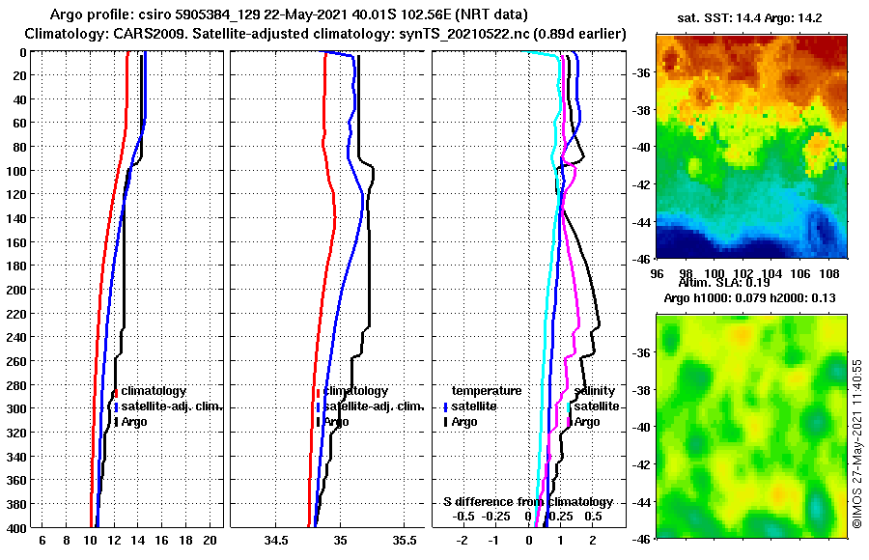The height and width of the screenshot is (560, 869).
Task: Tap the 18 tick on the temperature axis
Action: pos(186,541)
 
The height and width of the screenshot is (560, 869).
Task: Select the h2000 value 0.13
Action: pos(810,297)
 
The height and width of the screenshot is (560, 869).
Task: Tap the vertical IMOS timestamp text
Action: pos(857,443)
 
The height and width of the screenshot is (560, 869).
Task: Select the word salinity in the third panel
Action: pos(596,391)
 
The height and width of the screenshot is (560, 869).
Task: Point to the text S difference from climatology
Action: pos(527,502)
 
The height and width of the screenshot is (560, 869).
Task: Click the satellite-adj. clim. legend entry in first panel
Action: pos(171,406)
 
